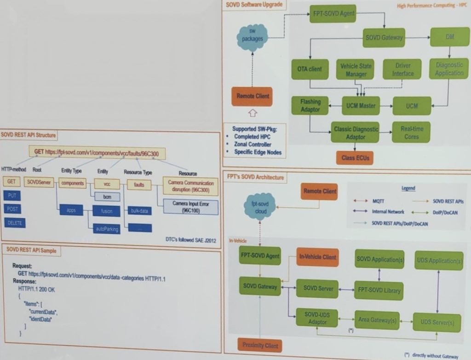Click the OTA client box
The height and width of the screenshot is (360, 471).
pyautogui.click(x=310, y=69)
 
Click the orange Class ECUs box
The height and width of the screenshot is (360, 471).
pyautogui.click(x=355, y=158)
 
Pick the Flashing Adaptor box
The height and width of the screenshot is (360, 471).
pyautogui.click(x=310, y=105)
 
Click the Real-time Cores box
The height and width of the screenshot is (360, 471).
pyautogui.click(x=411, y=132)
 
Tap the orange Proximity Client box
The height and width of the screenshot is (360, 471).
pyautogui.click(x=260, y=345)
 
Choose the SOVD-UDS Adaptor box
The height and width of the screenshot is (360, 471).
pyautogui.click(x=317, y=318)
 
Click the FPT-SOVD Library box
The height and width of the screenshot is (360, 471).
pyautogui.click(x=379, y=290)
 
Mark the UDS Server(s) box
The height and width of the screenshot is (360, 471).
pyautogui.click(x=437, y=322)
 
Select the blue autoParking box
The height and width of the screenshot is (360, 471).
pyautogui.click(x=107, y=227)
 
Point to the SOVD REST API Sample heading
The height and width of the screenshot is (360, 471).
pyautogui.click(x=32, y=250)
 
